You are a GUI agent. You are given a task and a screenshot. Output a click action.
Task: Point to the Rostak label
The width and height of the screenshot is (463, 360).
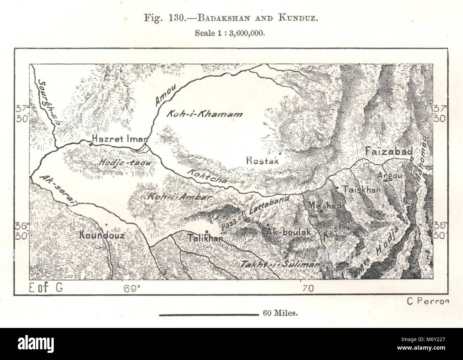point(262,161)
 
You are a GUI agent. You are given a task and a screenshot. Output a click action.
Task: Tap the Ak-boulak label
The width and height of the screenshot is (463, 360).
point(289,231)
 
